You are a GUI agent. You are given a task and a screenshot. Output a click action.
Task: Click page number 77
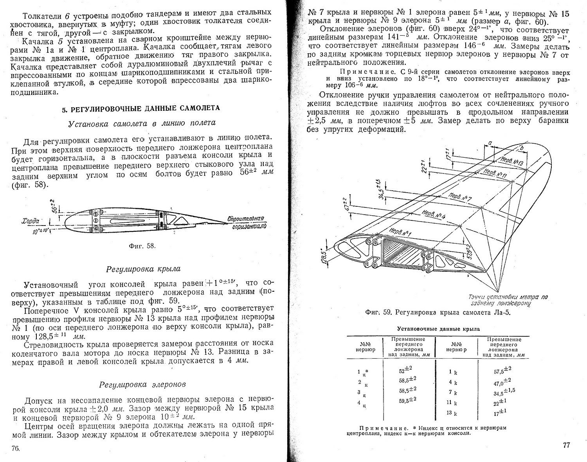(566, 445)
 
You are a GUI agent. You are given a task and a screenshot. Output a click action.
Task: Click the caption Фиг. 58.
(142, 246)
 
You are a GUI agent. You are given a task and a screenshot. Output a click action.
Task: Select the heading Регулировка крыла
(143, 269)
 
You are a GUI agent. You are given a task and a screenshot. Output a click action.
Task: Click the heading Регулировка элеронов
(142, 384)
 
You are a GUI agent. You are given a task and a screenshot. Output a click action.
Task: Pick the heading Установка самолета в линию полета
(142, 123)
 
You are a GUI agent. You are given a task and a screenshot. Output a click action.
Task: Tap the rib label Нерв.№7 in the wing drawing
(459, 196)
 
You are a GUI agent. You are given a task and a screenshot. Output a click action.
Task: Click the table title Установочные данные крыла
(438, 329)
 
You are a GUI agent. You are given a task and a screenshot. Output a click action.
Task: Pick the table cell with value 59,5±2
(407, 400)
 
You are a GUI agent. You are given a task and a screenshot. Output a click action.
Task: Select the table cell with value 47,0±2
(502, 381)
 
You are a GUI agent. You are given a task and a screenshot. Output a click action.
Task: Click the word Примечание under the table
(376, 428)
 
